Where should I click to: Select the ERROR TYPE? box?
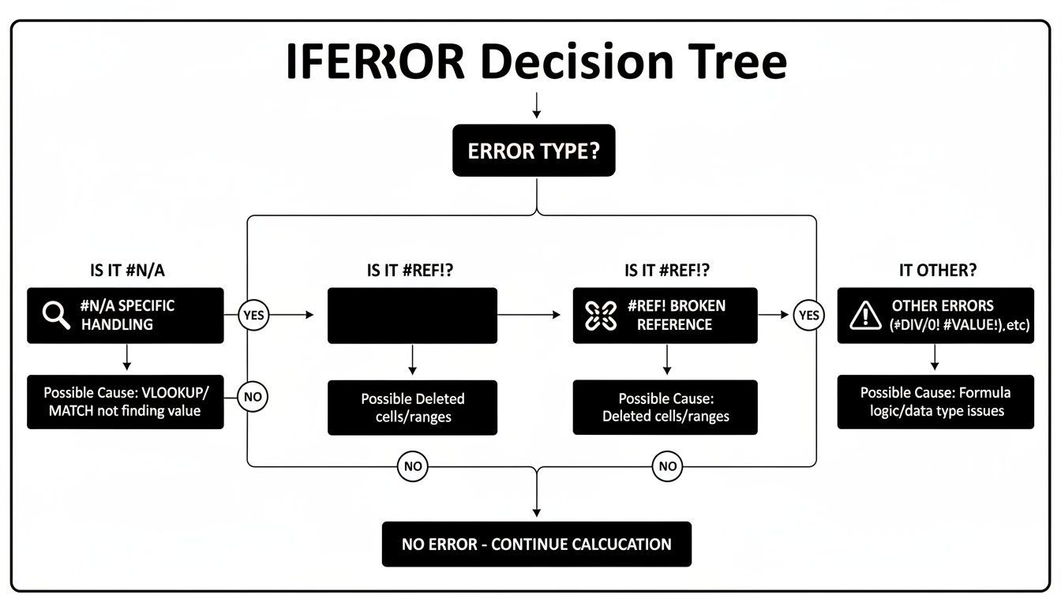coord(533,150)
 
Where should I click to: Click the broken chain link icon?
coord(599,315)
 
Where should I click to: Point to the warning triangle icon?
coord(865,316)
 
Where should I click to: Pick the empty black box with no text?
coord(412,315)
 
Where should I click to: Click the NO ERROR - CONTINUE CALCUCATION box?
coord(536,544)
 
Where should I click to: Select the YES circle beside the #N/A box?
coord(253,316)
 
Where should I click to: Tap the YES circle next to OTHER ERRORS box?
coord(809,316)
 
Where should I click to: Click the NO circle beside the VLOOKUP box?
coord(253,397)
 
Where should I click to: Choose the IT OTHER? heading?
coord(938,270)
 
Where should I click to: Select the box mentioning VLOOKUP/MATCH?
coord(125,402)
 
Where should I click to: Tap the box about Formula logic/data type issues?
coord(935,402)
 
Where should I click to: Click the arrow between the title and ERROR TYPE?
coord(536,106)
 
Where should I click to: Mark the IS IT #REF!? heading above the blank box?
coord(410,270)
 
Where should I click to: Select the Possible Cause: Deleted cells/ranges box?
coord(665,407)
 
